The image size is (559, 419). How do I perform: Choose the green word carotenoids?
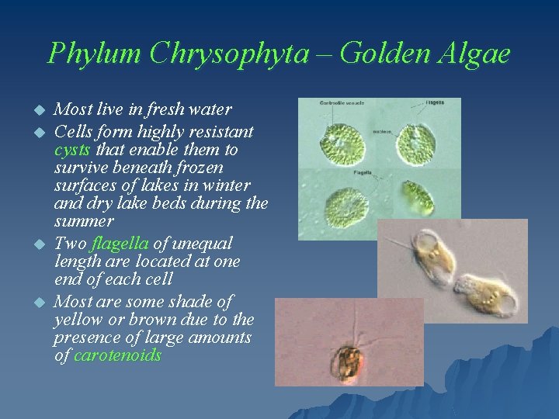tap(117, 356)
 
